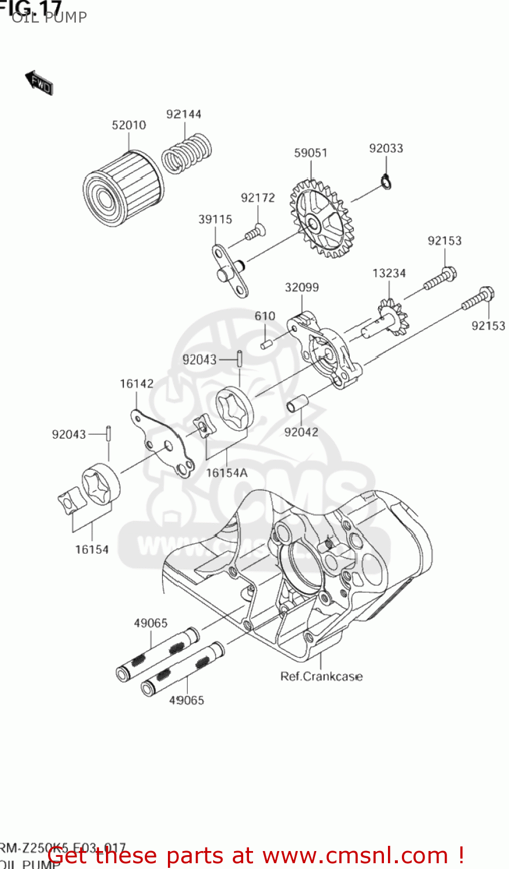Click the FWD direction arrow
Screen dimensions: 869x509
[39, 83]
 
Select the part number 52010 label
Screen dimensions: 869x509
[129, 125]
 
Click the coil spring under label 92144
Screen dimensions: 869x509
[186, 153]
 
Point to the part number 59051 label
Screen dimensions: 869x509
[310, 153]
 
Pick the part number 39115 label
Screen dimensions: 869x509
[215, 220]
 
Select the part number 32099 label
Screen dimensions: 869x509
[301, 287]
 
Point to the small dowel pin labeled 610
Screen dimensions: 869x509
[266, 345]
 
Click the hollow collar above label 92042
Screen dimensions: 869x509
[298, 403]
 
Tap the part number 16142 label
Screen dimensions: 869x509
[137, 384]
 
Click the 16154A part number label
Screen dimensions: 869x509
[226, 473]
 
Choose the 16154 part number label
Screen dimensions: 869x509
[91, 549]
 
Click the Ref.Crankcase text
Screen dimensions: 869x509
[321, 676]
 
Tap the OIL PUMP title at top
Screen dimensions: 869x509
[49, 17]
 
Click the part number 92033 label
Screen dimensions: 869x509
[386, 148]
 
